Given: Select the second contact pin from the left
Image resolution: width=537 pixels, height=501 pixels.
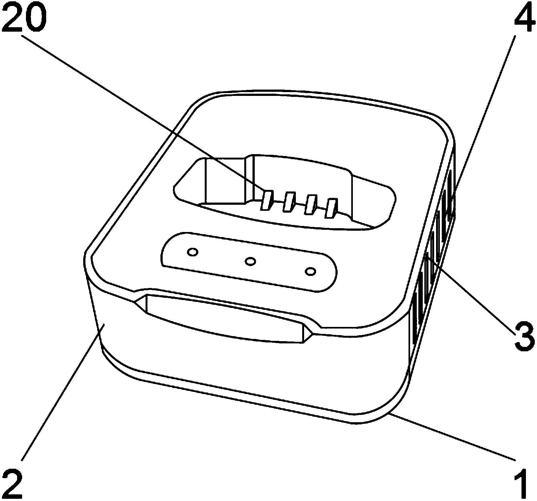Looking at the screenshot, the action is coord(288,203).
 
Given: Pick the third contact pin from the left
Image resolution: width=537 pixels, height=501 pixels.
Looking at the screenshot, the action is coord(310,205).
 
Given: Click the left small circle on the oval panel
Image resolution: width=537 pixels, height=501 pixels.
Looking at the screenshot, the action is coord(192,252).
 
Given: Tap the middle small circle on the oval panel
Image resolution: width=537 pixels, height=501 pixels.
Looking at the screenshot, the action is coord(251,261).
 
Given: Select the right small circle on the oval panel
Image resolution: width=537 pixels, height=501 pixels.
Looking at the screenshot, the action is coord(310,271).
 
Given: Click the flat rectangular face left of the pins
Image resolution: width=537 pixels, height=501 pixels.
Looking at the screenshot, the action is coord(225,180).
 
